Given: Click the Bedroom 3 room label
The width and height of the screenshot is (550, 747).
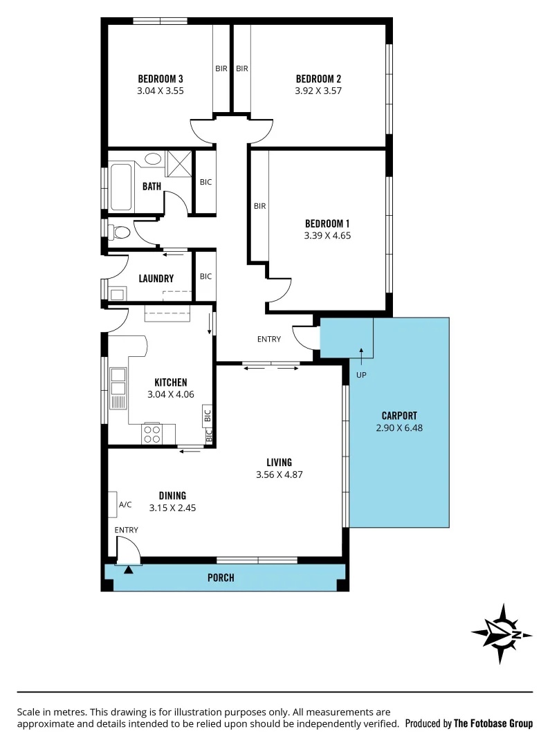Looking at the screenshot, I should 161,78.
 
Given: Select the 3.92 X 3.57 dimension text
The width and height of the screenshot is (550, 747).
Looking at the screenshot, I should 318,90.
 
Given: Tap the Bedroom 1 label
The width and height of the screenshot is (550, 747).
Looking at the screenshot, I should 327,223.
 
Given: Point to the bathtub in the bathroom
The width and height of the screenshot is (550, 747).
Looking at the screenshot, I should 122,186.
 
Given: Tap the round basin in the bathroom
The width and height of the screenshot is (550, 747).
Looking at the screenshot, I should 153,159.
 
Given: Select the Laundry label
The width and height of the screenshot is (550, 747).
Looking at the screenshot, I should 156,279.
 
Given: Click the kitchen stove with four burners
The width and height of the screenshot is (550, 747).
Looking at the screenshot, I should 152,434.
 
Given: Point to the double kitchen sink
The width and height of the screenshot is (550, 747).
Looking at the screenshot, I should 118,381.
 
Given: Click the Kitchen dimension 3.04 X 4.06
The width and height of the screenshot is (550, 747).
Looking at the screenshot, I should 170,394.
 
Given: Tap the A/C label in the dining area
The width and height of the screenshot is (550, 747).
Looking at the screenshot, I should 125,505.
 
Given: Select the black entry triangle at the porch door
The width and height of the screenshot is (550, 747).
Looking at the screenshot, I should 127,570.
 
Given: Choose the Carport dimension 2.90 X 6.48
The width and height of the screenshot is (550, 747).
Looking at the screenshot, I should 399,427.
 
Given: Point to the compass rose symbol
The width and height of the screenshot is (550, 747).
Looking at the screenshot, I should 502,634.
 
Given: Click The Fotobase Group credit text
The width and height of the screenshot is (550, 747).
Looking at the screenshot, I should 493,723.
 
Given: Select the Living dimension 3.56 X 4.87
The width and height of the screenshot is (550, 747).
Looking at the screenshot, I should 279,474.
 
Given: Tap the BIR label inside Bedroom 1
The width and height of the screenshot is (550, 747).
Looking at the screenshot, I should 259,206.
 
